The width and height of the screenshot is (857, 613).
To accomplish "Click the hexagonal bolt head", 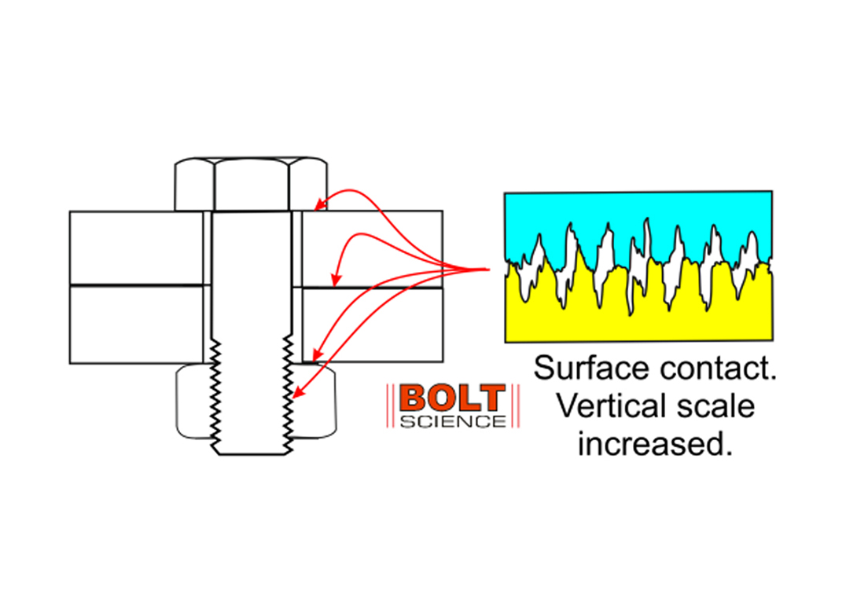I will click(251, 185).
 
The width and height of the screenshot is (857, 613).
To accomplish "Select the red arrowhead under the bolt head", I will click(318, 207).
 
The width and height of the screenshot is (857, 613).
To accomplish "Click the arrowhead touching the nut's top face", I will click(317, 354).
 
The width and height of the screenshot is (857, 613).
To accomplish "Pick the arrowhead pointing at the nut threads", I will click(296, 398).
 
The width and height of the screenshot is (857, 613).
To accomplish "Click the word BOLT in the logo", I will click(451, 398).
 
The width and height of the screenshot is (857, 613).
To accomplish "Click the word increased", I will click(650, 444).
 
